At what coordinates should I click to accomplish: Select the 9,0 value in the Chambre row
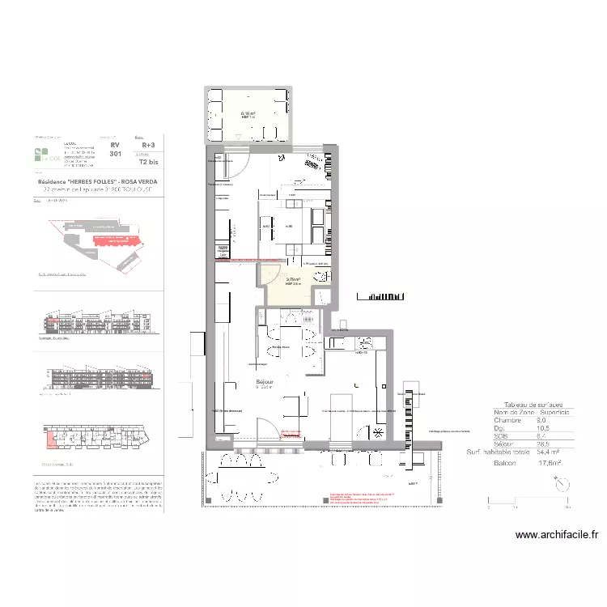(x=541, y=420)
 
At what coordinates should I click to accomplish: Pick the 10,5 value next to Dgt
(x=543, y=428)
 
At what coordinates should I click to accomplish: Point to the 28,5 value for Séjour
(x=544, y=444)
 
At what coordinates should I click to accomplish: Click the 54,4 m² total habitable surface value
(x=547, y=452)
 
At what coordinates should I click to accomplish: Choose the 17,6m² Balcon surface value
(x=550, y=464)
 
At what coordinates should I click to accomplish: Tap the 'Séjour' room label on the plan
(x=264, y=381)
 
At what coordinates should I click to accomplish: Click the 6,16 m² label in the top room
(x=248, y=114)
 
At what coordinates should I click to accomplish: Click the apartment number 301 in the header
(x=115, y=153)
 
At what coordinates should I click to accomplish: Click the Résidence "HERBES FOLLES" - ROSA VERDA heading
(x=97, y=182)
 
